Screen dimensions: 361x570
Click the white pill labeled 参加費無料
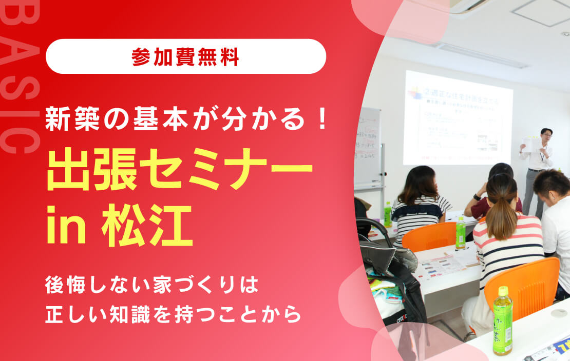point(186,56)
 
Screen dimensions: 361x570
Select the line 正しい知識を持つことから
point(173,314)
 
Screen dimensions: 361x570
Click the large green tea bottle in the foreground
point(502,320)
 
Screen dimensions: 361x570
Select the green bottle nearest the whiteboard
point(388,214)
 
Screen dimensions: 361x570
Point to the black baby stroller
point(385,267)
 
